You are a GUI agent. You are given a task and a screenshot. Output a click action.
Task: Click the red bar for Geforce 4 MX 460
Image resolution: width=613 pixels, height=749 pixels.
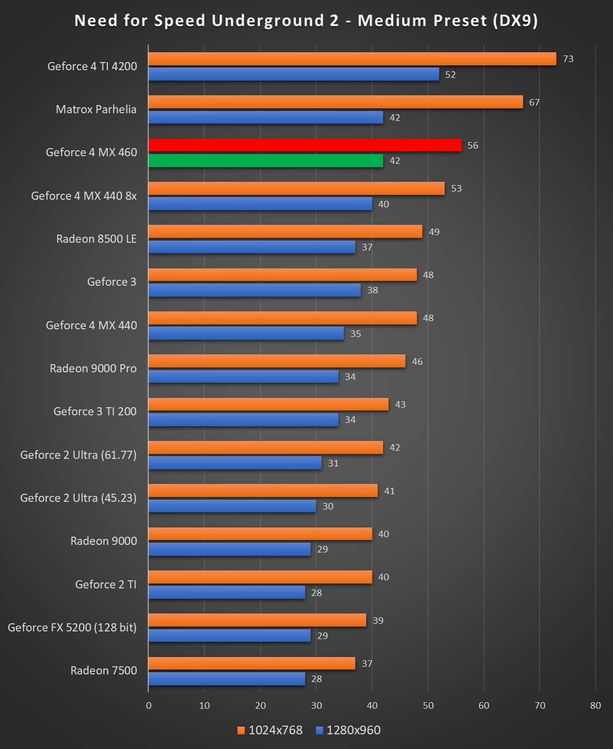(305, 145)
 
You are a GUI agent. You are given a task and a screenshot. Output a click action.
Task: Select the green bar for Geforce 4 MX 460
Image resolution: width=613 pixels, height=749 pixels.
(265, 161)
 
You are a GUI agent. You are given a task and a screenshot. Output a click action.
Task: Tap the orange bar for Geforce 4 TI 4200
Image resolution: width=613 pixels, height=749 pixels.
(352, 59)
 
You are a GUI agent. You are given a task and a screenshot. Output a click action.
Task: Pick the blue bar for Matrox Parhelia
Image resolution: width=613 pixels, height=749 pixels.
(265, 118)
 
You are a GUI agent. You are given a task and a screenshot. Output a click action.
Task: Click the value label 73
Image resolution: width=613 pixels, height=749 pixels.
(568, 59)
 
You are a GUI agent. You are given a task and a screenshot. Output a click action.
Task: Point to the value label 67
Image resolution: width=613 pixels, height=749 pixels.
(535, 102)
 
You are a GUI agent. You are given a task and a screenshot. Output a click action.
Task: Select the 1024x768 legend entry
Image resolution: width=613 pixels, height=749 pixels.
(270, 730)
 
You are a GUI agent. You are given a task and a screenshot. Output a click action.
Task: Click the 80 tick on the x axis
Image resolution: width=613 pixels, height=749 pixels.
(595, 705)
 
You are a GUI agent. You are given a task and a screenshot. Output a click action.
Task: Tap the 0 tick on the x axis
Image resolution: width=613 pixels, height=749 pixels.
(149, 705)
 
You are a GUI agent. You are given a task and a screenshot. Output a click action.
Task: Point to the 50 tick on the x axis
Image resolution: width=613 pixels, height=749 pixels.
(428, 705)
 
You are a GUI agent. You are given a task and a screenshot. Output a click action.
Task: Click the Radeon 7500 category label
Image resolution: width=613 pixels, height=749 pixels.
(104, 671)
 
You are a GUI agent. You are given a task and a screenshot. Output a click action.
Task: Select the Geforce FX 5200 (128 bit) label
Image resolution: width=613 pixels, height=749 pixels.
(72, 628)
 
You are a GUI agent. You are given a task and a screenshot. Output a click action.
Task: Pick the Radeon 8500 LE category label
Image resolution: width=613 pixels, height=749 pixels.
(96, 239)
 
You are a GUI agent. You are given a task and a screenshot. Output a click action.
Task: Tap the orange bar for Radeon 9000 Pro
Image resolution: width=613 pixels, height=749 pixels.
(277, 361)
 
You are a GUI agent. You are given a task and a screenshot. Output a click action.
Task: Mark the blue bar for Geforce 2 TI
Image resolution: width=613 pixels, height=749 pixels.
(227, 592)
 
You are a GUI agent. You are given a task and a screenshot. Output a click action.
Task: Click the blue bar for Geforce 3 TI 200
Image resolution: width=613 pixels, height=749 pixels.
(243, 420)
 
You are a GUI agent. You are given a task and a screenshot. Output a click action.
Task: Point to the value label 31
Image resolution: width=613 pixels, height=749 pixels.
(333, 463)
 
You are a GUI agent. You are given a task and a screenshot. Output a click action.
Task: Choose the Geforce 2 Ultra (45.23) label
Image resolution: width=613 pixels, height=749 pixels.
(78, 498)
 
